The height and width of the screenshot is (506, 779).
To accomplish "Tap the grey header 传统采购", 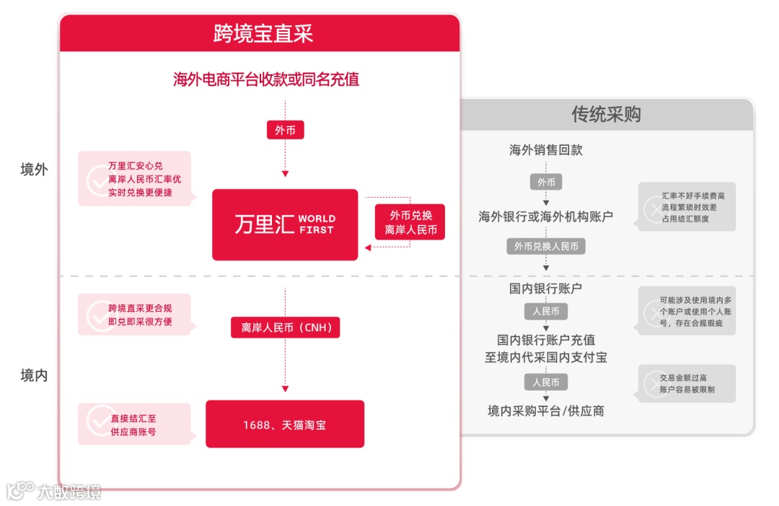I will [606, 114].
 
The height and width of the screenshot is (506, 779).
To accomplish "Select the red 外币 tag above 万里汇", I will [285, 131].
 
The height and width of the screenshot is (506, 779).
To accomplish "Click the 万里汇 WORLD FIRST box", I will [285, 224].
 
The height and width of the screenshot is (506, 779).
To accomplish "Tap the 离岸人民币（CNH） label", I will [285, 327].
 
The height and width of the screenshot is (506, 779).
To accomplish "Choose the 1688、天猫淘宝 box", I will [285, 424].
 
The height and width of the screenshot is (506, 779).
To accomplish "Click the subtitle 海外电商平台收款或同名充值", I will [266, 79].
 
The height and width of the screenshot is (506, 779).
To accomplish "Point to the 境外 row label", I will [34, 170].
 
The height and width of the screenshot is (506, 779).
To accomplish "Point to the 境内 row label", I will [34, 375].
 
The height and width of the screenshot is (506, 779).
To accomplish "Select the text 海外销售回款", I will [546, 150].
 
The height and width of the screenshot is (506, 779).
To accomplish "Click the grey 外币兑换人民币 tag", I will [546, 246].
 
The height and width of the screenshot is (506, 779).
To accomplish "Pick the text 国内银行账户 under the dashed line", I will [546, 289].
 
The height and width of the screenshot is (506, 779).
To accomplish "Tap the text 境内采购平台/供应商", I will [546, 411].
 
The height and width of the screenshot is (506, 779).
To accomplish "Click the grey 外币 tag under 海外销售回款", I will [546, 183].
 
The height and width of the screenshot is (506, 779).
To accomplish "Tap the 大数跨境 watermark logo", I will [54, 492].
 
